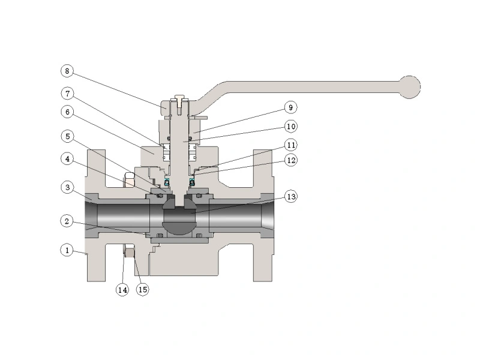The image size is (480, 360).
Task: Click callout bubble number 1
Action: tap(68, 249)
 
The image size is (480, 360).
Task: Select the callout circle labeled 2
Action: tap(68, 221)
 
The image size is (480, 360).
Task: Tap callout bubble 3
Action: tap(68, 188)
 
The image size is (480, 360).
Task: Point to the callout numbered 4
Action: tap(68, 159)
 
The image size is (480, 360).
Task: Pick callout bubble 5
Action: tap(68, 136)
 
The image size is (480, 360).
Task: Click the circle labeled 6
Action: tap(68, 112)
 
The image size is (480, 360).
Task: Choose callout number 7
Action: tap(68, 93)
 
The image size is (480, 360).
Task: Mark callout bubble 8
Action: tap(68, 71)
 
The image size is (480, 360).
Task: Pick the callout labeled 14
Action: tap(122, 290)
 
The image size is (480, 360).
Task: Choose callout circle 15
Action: tap(142, 290)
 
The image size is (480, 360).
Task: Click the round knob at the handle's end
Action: tap(410, 86)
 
